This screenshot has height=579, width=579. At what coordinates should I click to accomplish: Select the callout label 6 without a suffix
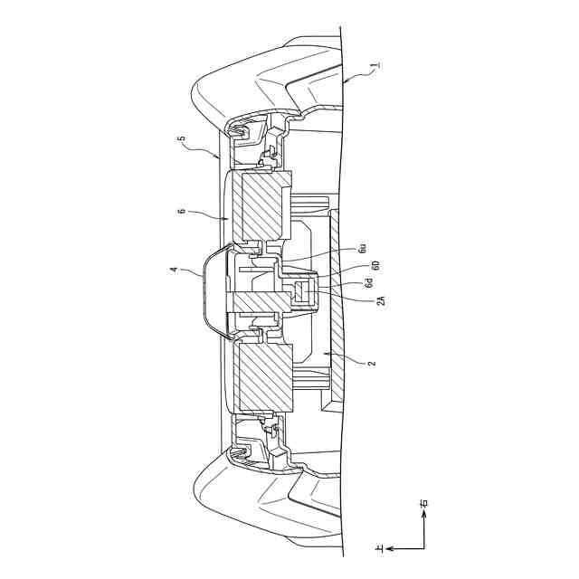pyautogui.click(x=182, y=211)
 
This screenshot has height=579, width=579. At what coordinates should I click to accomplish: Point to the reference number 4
pyautogui.click(x=174, y=269)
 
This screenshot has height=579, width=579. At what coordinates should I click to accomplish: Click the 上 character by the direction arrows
pyautogui.click(x=380, y=547)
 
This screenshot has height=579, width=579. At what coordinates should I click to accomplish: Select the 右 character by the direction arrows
pyautogui.click(x=424, y=502)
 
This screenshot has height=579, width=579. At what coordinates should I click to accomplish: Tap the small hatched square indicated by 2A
pyautogui.click(x=304, y=291)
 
